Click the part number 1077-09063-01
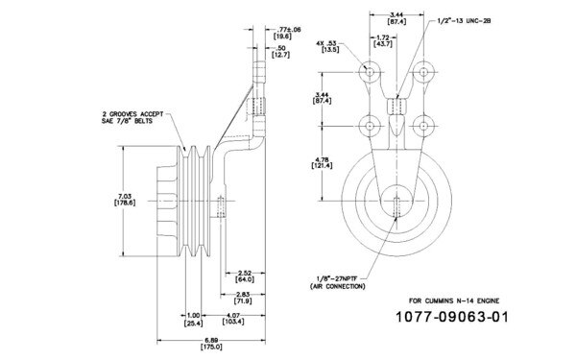(451, 316)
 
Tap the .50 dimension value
(279, 48)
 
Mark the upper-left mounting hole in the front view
(371, 73)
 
